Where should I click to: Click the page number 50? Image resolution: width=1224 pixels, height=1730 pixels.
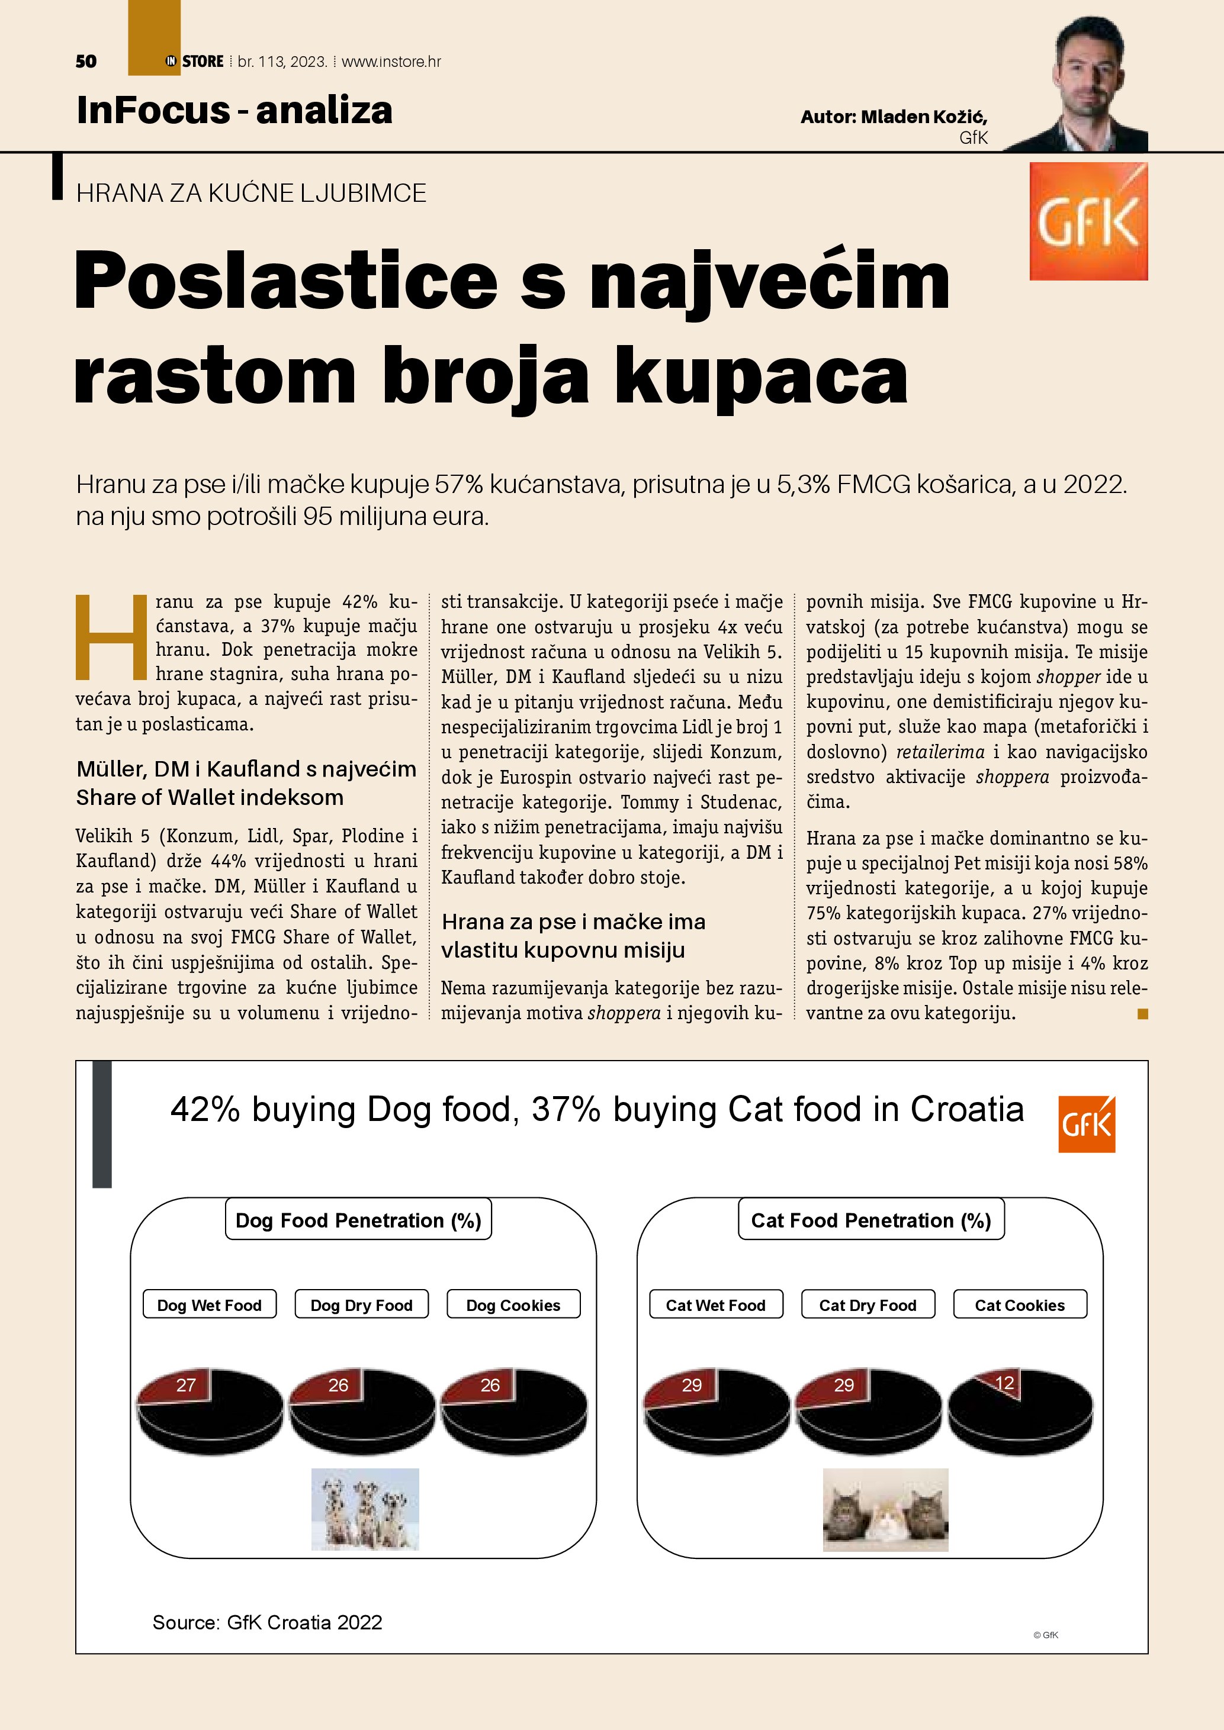coord(86,62)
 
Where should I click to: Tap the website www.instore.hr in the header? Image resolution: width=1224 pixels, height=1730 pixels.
coord(391,62)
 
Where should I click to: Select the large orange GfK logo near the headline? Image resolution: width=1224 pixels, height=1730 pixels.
coord(1088,221)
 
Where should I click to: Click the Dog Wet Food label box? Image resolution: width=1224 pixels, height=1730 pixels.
coord(210,1305)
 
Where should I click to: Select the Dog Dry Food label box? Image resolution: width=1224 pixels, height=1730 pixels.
coord(361,1305)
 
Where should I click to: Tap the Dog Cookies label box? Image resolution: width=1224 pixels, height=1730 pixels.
coord(513,1305)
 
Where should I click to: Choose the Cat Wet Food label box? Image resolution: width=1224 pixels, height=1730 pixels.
coord(715,1305)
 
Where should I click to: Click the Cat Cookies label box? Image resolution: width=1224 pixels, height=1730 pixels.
coord(1020,1305)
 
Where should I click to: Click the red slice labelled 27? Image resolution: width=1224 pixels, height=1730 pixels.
coord(181,1386)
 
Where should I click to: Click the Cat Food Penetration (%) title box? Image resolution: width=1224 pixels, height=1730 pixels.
coord(870,1220)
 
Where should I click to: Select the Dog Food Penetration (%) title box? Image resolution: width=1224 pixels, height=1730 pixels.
coord(358,1220)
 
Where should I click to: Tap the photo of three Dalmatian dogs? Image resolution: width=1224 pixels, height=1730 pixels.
coord(365,1509)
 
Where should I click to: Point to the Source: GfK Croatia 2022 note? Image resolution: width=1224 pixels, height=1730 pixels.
coord(267,1622)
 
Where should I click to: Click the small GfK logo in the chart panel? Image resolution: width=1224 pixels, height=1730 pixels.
coord(1086,1124)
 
